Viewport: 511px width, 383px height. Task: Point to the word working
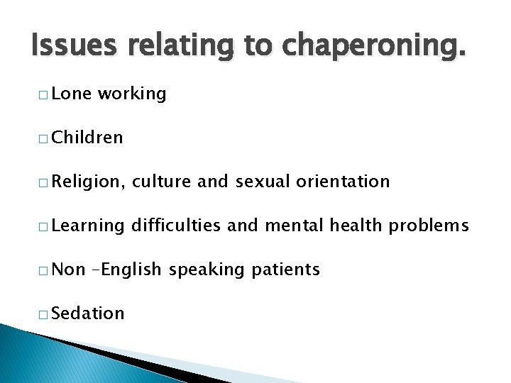[x=132, y=94]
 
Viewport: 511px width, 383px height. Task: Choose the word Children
[x=87, y=138]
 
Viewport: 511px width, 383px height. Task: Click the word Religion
[x=87, y=182]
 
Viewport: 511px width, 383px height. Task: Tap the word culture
[x=161, y=182]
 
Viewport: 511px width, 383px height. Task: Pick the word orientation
[x=344, y=182]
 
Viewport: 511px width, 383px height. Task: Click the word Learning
[x=87, y=226]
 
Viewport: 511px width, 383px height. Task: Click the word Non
[x=69, y=270]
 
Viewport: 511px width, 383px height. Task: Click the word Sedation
[x=87, y=313]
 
